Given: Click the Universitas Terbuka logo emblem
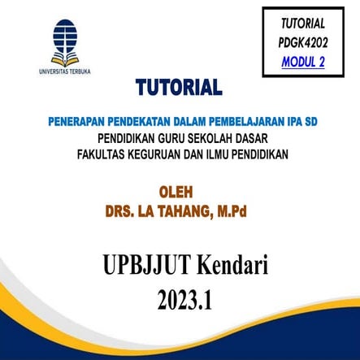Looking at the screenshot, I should coord(64,41).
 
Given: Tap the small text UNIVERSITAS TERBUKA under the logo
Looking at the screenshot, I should coord(64,72).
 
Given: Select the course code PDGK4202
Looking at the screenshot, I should coord(302,41).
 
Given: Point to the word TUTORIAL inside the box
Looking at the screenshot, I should coord(302,24).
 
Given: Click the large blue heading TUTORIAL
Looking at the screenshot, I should coord(179,86).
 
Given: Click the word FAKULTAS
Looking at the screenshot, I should coord(103,152).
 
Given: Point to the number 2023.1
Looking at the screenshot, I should coord(185,299).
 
